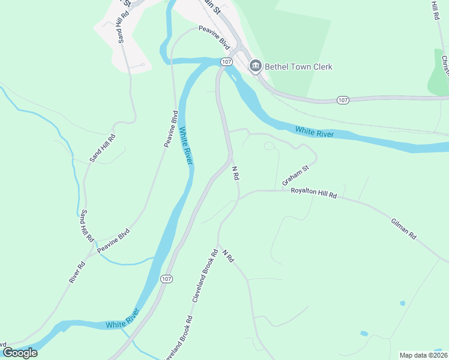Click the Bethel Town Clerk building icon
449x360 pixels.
coord(255,66)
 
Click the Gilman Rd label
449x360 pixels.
coord(403,228)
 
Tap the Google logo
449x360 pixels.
coord(19,353)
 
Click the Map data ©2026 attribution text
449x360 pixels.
coord(423,355)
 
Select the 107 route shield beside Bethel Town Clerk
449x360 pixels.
coord(226,62)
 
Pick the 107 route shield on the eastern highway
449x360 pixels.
coord(342,99)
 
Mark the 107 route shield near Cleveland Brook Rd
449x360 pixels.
coord(167,279)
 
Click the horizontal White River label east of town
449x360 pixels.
coord(314,132)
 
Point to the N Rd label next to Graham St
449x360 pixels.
coord(235,174)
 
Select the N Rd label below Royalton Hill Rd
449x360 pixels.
coord(228,256)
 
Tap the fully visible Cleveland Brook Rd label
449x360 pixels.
coord(204,276)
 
